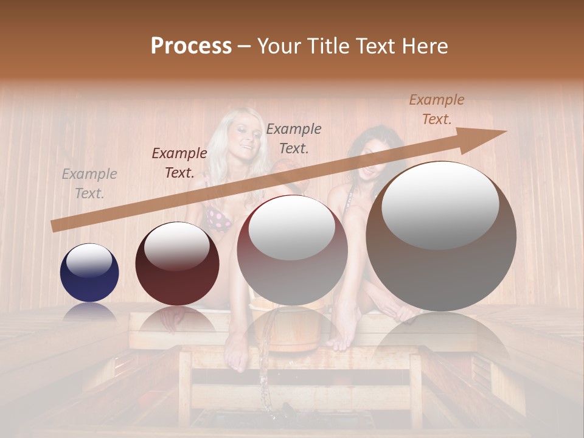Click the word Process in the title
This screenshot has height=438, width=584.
191,46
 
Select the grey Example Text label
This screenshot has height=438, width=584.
89,184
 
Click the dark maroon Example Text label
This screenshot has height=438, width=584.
179,163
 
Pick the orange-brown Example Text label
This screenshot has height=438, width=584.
437,109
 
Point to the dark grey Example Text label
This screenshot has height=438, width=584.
294,138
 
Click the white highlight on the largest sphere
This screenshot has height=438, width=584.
440,205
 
